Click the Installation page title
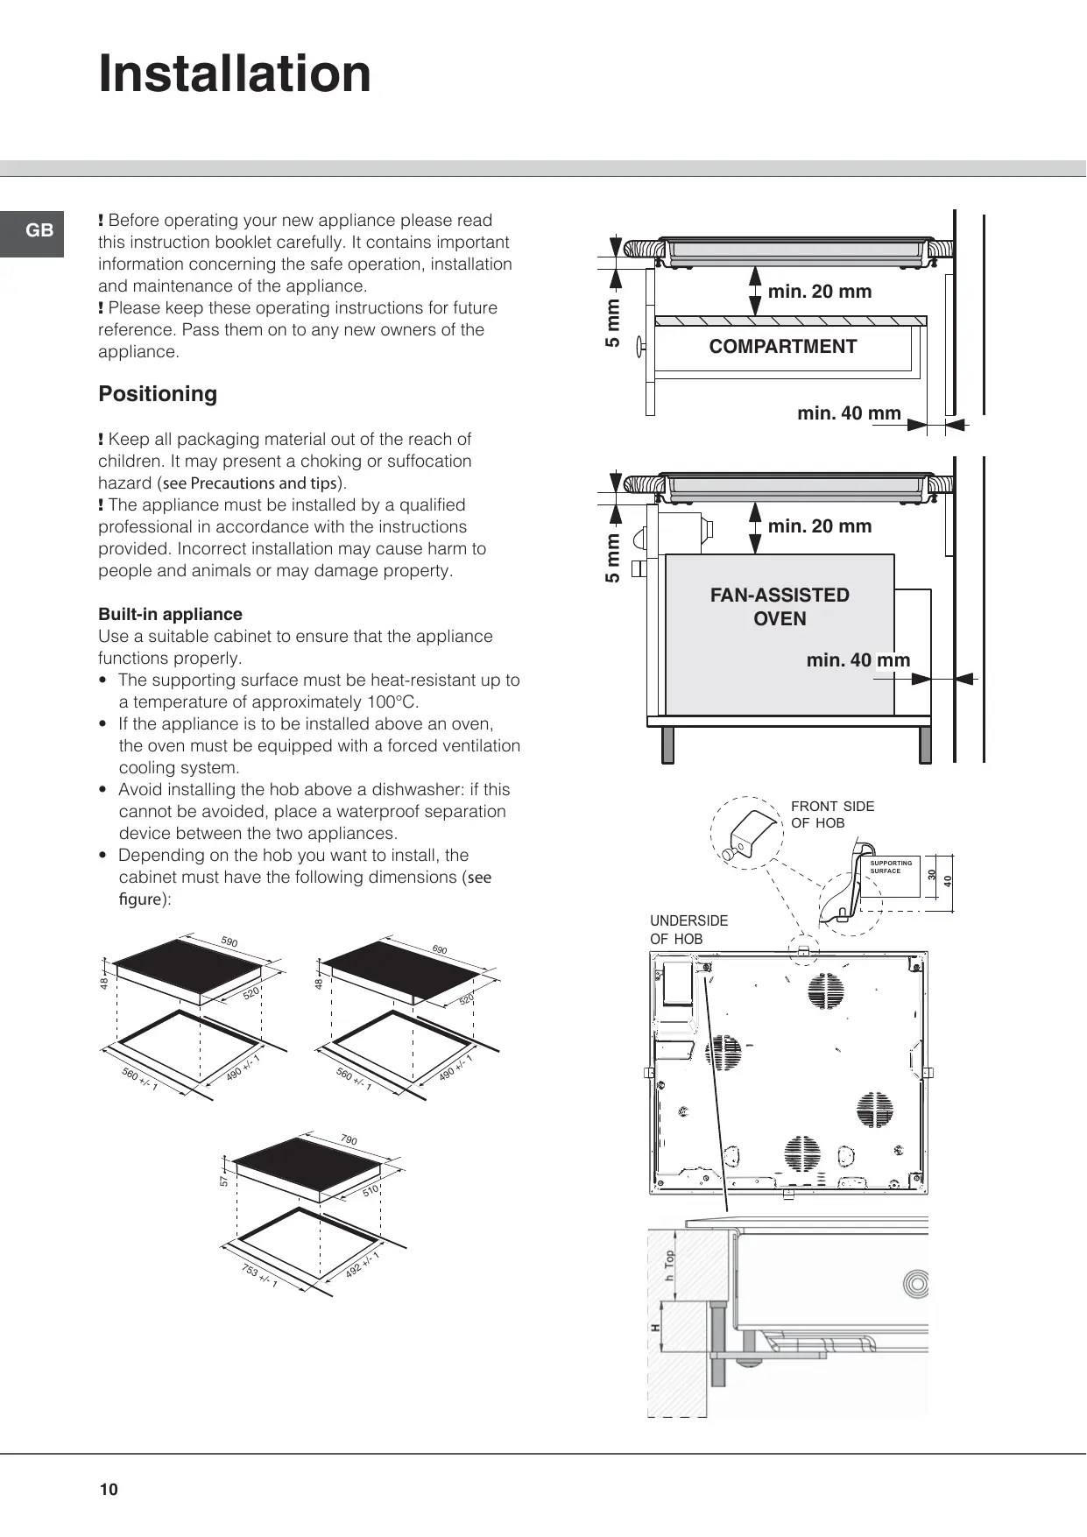(x=235, y=74)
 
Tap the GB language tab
(x=39, y=230)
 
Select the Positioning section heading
(x=158, y=394)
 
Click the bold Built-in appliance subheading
(x=170, y=614)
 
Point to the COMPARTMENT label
(x=782, y=347)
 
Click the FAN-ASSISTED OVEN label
(x=780, y=606)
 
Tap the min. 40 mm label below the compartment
(x=849, y=413)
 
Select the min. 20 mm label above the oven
(x=819, y=526)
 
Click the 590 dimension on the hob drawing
(x=229, y=942)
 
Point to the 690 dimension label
(x=439, y=950)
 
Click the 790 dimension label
(x=349, y=1140)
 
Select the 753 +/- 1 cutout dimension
(x=259, y=1277)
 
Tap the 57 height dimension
(x=224, y=1181)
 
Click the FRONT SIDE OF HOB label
(x=831, y=814)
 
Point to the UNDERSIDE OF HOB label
(x=688, y=929)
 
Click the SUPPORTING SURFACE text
(x=890, y=867)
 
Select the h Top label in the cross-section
(x=670, y=1266)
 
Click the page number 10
(x=109, y=1490)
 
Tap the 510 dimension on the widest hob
(x=371, y=1191)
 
